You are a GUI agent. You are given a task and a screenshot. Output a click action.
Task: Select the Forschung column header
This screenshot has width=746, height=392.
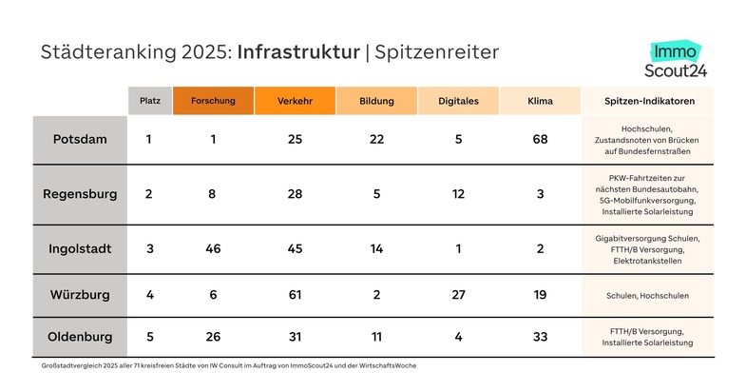tap(213, 101)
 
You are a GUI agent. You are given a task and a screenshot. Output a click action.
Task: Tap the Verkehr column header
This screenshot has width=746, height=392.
tap(295, 101)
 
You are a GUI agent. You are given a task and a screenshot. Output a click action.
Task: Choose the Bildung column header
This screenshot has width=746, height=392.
tap(377, 101)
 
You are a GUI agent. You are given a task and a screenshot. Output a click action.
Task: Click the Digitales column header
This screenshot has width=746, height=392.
tap(458, 101)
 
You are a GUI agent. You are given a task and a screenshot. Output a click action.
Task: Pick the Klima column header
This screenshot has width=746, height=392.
tap(540, 101)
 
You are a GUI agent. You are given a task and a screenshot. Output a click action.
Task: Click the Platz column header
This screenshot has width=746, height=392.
tap(149, 101)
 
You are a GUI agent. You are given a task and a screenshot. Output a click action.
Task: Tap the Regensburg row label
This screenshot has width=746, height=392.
tap(80, 194)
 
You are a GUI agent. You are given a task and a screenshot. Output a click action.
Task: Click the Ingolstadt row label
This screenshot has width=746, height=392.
tap(80, 248)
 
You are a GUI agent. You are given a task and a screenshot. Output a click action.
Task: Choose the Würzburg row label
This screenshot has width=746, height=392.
tap(80, 295)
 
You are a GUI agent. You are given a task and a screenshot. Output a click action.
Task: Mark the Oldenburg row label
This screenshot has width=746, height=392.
tap(80, 336)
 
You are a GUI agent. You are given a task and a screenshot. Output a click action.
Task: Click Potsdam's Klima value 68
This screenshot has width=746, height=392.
tap(540, 139)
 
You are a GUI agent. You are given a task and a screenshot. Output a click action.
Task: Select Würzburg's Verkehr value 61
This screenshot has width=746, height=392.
tap(295, 295)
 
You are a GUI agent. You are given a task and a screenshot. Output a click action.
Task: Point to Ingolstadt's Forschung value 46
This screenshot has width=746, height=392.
tap(213, 248)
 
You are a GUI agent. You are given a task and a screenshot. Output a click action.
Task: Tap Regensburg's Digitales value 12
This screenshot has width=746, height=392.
tap(458, 194)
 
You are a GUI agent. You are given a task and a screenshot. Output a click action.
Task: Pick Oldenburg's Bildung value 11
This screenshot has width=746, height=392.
tap(377, 336)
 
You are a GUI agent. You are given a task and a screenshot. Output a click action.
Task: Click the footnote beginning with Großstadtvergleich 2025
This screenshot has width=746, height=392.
tap(229, 365)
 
